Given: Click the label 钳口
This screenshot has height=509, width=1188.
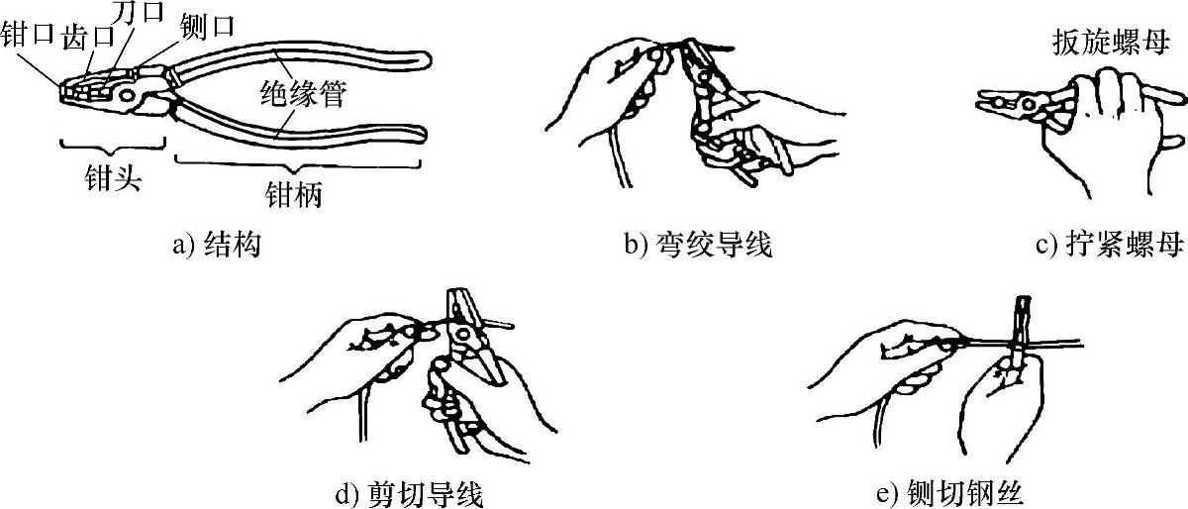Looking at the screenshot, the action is click(x=28, y=34).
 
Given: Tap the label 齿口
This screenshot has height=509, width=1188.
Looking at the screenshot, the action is click(x=88, y=38).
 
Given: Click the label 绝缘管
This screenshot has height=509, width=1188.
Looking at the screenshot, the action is click(x=303, y=94).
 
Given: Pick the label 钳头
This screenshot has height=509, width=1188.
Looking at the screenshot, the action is click(x=113, y=177).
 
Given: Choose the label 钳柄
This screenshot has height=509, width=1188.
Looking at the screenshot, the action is click(x=293, y=194).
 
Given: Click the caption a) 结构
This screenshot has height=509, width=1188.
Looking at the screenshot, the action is click(x=217, y=245).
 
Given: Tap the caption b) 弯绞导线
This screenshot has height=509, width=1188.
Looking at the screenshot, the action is click(x=698, y=245).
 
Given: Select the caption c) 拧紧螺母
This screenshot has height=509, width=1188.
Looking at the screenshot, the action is click(x=1110, y=245).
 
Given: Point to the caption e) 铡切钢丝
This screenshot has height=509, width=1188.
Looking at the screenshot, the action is click(x=948, y=494).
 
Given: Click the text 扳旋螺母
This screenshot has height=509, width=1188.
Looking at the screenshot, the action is click(x=1111, y=43).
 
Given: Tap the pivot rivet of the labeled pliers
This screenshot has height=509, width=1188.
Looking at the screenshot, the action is click(x=128, y=96).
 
